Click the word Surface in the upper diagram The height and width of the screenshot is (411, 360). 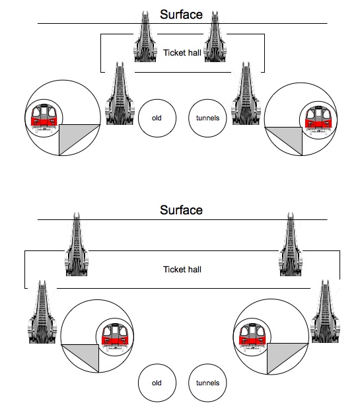coord(181,15)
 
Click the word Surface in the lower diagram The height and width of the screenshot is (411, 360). coord(181,210)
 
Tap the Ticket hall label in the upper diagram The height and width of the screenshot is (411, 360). coord(182,53)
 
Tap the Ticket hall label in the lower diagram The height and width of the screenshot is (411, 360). coord(182,270)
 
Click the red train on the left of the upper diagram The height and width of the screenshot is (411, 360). coord(44,118)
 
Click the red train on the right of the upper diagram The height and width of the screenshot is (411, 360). coord(318,120)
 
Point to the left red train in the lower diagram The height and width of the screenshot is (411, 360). coord(115,338)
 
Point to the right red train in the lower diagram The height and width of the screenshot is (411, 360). coord(252,338)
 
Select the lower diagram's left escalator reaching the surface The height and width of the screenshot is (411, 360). coord(77,244)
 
